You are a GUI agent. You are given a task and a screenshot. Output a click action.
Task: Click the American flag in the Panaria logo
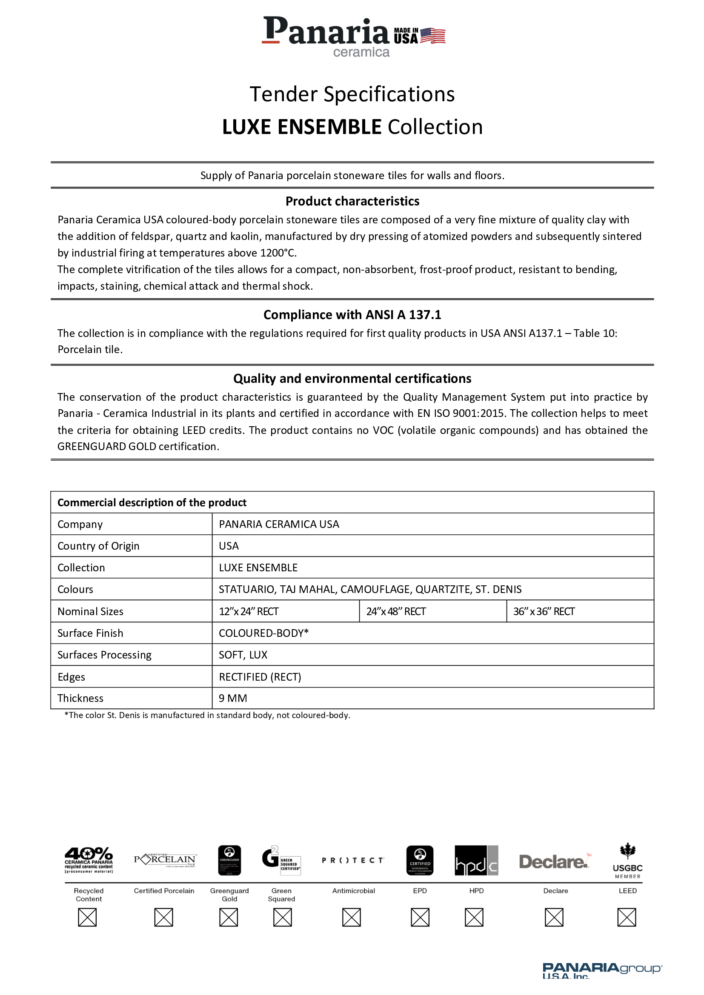click(x=432, y=36)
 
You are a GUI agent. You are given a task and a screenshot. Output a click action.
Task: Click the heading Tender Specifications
click(x=352, y=94)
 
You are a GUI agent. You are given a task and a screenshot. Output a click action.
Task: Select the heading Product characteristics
click(x=352, y=201)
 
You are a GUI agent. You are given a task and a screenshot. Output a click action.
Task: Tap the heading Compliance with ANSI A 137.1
click(x=352, y=315)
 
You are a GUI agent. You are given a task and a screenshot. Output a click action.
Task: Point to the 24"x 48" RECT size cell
click(x=396, y=611)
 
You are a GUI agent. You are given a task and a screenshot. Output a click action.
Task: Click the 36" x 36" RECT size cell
click(x=544, y=611)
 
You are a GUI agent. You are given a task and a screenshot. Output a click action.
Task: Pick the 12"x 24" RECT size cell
click(x=249, y=611)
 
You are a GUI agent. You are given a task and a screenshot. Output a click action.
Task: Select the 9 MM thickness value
click(x=233, y=698)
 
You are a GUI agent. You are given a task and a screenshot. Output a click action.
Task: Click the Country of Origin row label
click(x=98, y=546)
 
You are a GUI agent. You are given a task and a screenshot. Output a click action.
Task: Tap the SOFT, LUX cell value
click(x=243, y=655)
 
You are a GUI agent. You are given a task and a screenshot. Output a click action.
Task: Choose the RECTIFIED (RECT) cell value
click(x=260, y=677)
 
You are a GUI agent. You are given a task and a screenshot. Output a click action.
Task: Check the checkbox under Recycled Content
click(x=87, y=918)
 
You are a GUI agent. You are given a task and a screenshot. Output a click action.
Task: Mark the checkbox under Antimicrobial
click(x=351, y=918)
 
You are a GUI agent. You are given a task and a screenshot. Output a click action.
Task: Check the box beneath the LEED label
click(x=627, y=918)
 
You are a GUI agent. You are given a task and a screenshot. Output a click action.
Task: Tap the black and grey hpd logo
click(x=476, y=861)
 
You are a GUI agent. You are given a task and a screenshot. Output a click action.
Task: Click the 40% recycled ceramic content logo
click(x=89, y=860)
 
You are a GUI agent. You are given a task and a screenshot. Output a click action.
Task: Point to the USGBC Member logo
click(x=627, y=861)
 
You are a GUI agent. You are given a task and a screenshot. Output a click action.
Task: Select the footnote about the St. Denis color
click(x=207, y=716)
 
